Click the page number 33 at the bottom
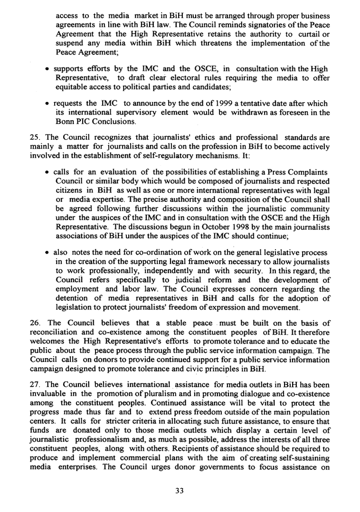click(x=180, y=491)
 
